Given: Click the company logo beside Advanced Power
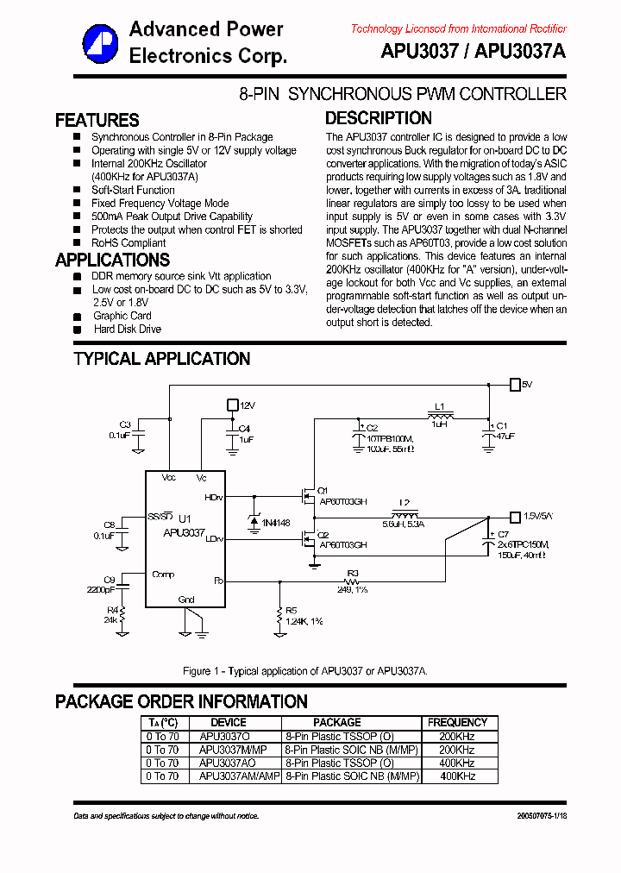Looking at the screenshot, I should [100, 42].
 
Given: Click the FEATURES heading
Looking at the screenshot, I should [97, 120].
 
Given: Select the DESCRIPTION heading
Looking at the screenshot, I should [378, 118].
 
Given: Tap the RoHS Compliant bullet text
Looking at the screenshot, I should [129, 243].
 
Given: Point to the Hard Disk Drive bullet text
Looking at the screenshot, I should [127, 329].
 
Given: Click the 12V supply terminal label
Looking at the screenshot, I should [247, 405].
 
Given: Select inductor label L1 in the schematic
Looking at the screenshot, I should [439, 405].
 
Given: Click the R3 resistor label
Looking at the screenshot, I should [352, 572].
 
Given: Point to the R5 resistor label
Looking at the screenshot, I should [291, 610].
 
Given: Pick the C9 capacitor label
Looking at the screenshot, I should [110, 580].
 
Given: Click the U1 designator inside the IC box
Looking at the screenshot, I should [185, 518].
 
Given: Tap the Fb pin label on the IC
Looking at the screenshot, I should [217, 581].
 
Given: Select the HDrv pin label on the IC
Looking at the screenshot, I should [212, 498].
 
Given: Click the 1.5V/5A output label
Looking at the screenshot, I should [537, 517].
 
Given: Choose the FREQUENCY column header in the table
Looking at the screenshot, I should [457, 722].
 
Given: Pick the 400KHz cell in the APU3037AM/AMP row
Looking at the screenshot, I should [457, 776].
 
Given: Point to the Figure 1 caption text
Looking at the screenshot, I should [306, 671].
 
